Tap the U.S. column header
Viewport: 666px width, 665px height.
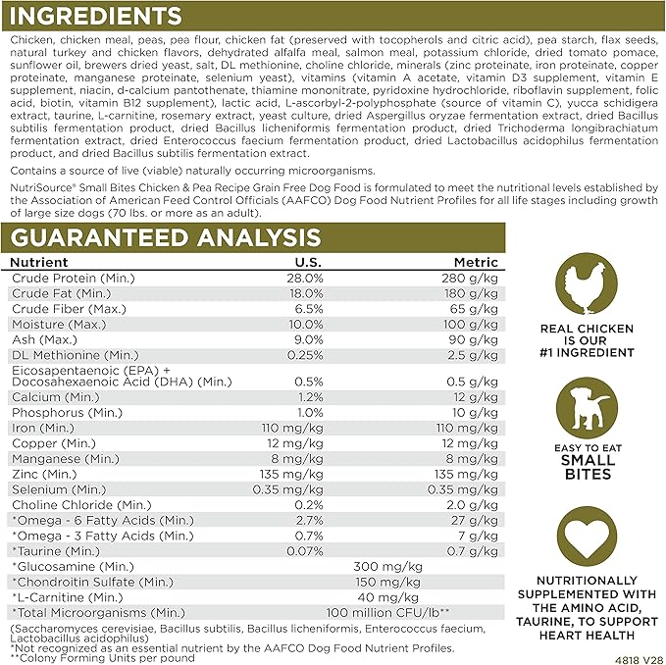[309, 262]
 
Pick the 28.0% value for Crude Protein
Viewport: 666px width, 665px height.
[304, 278]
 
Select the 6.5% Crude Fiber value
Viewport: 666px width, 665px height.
[308, 308]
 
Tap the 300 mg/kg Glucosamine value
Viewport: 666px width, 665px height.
[387, 566]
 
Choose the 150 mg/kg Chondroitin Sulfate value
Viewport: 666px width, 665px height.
[387, 582]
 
